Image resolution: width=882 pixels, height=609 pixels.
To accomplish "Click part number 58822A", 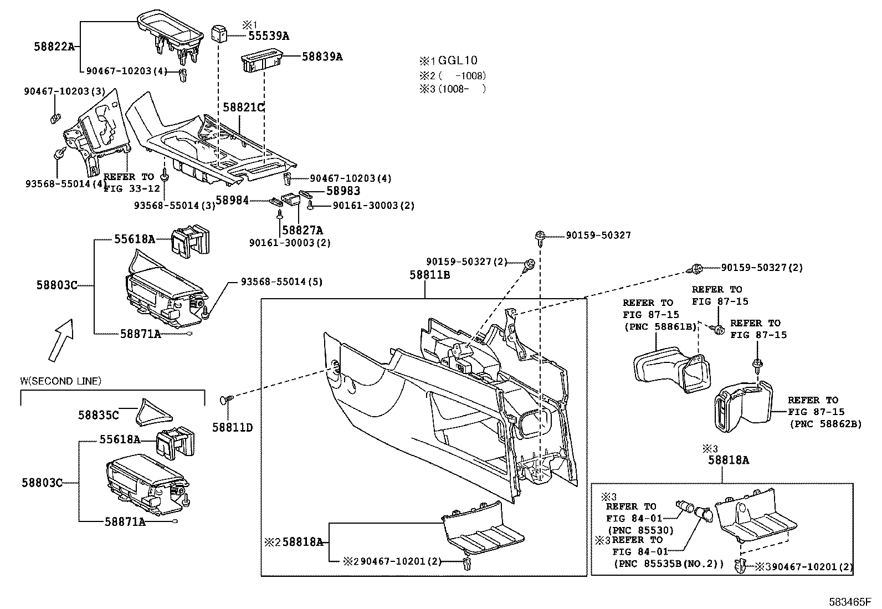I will (x=55, y=47).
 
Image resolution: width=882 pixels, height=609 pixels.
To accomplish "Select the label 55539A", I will (x=268, y=37).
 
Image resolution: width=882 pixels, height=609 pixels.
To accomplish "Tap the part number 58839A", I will (x=322, y=57).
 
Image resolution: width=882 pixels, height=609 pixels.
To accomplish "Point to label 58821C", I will (x=244, y=107).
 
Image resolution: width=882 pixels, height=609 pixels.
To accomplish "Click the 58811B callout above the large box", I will (x=429, y=275).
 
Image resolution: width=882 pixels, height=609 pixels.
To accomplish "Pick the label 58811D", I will (x=233, y=427).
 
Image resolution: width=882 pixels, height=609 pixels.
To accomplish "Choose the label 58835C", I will (x=98, y=414).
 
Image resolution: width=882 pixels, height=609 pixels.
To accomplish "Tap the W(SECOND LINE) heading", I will (x=61, y=381).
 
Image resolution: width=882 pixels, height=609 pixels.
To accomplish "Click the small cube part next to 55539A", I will (x=219, y=33).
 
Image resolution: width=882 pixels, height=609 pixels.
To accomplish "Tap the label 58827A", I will (x=302, y=229).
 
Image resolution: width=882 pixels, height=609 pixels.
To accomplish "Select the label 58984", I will (x=232, y=201).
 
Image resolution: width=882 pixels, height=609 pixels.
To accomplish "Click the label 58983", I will (x=343, y=191).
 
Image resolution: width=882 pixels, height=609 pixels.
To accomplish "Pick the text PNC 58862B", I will (x=825, y=424).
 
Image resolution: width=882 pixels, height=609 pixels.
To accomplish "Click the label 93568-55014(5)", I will (x=281, y=282).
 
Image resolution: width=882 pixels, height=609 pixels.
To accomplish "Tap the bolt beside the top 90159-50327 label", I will (x=540, y=237).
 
